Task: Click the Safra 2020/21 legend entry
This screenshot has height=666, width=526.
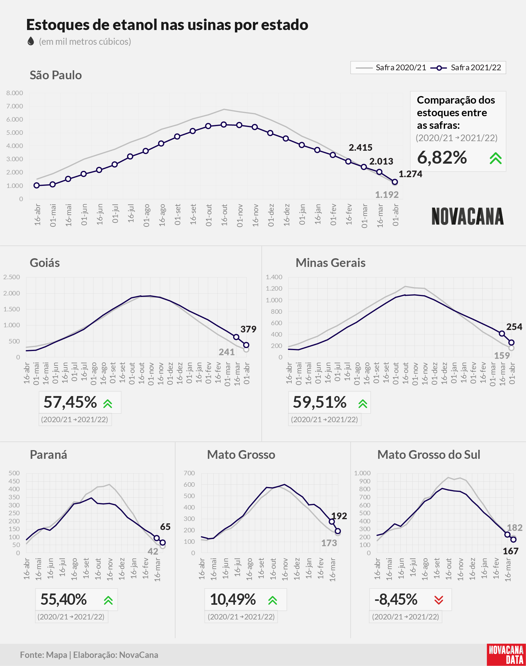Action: click(391, 68)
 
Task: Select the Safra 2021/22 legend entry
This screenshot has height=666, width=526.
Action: click(466, 68)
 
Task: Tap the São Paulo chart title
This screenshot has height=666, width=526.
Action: click(56, 75)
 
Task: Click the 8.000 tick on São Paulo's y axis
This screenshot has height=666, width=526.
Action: click(14, 93)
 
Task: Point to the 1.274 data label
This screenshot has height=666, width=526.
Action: click(411, 174)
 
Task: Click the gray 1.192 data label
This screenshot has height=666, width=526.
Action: click(387, 195)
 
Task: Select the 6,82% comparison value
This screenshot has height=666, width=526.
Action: click(442, 158)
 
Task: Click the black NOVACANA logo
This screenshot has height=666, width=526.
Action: click(467, 216)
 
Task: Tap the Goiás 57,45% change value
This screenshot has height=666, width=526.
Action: click(70, 402)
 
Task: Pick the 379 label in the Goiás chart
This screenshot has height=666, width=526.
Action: click(248, 329)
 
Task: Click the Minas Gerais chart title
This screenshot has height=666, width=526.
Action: click(330, 263)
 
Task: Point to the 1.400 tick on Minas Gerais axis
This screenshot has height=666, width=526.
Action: click(274, 277)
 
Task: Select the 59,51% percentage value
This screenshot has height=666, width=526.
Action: click(320, 402)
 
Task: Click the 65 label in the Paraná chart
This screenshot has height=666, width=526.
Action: click(166, 527)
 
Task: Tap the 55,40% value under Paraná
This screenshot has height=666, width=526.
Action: click(64, 600)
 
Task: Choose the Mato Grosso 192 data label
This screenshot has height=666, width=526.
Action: click(339, 516)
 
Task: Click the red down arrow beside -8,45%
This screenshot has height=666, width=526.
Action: click(439, 600)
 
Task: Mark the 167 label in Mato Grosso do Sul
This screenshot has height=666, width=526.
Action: click(511, 551)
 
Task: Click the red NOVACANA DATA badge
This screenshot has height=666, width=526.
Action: click(506, 655)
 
